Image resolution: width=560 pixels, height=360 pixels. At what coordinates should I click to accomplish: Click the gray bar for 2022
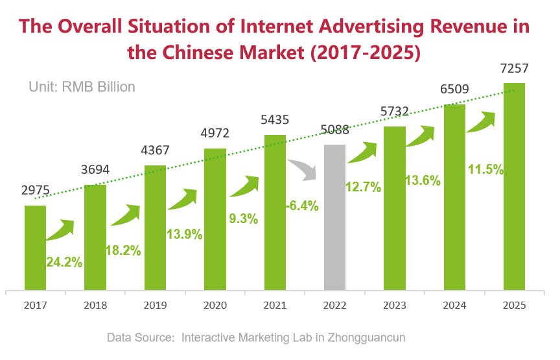pos(334,217)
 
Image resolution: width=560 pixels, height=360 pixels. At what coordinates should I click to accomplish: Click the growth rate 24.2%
pos(64,263)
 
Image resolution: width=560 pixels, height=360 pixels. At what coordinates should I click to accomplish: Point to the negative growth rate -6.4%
pos(302,206)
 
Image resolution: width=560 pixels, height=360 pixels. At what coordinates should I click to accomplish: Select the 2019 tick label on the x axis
pos(155,304)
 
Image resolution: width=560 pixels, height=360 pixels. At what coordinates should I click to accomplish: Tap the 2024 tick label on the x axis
pos(454,304)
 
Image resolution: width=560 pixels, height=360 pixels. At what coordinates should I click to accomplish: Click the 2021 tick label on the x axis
pos(275,304)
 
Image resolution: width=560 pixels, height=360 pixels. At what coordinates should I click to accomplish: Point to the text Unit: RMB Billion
pos(82,86)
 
